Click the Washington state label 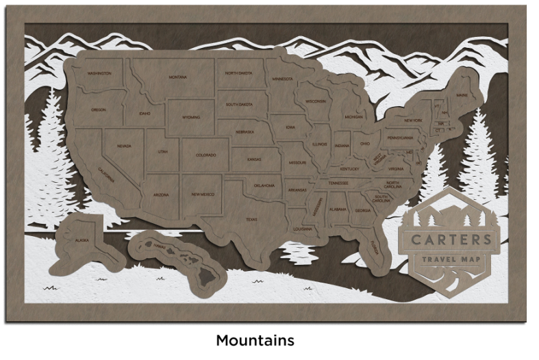point(100,73)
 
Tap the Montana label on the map point(177,77)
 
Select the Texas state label point(251,220)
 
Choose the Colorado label point(206,155)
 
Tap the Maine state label point(463,95)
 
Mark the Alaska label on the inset point(82,240)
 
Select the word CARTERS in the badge point(451,240)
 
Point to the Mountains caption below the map point(255,340)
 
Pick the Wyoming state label point(191,117)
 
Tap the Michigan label point(353,117)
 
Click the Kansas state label point(255,159)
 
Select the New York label point(413,120)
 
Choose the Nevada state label point(124,146)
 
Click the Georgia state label point(363,210)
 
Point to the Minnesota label point(282,79)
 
